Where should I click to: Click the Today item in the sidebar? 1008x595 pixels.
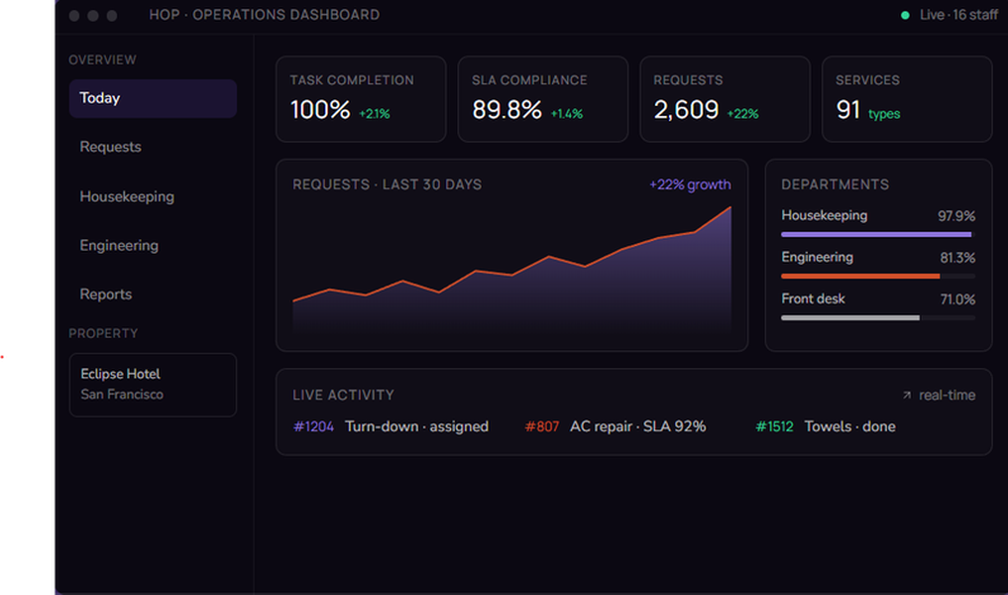(x=100, y=98)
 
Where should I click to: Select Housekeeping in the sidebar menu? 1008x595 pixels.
(x=127, y=196)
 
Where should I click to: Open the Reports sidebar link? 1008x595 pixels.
(x=105, y=294)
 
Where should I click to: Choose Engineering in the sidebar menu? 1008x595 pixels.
(x=119, y=245)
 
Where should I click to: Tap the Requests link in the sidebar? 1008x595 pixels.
(x=110, y=147)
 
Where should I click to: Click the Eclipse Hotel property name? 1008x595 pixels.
(x=120, y=374)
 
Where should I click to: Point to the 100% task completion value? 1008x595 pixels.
(x=320, y=110)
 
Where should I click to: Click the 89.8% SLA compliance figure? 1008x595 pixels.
(x=506, y=110)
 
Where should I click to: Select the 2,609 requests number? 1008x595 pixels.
(x=686, y=110)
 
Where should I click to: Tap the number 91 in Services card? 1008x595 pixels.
(x=847, y=110)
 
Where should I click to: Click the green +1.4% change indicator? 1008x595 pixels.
(x=567, y=114)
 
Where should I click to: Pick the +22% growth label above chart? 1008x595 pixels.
(x=690, y=184)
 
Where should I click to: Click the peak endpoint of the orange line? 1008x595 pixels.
(x=730, y=207)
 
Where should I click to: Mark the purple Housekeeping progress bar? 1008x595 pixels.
(x=876, y=235)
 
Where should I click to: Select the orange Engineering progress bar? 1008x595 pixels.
(x=860, y=276)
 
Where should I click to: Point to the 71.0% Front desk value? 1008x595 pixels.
(x=957, y=299)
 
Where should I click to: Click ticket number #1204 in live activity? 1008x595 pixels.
(x=313, y=426)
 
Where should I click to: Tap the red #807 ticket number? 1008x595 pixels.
(x=542, y=426)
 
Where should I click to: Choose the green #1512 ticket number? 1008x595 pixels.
(x=774, y=426)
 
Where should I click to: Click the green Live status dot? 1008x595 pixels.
(x=905, y=16)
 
